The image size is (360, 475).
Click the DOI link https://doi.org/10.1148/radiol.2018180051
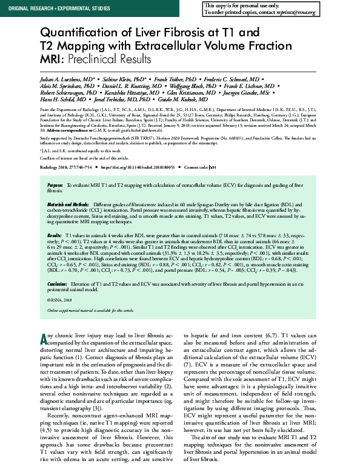136,166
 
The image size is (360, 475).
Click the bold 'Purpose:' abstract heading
54,184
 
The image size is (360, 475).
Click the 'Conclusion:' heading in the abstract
57,283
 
